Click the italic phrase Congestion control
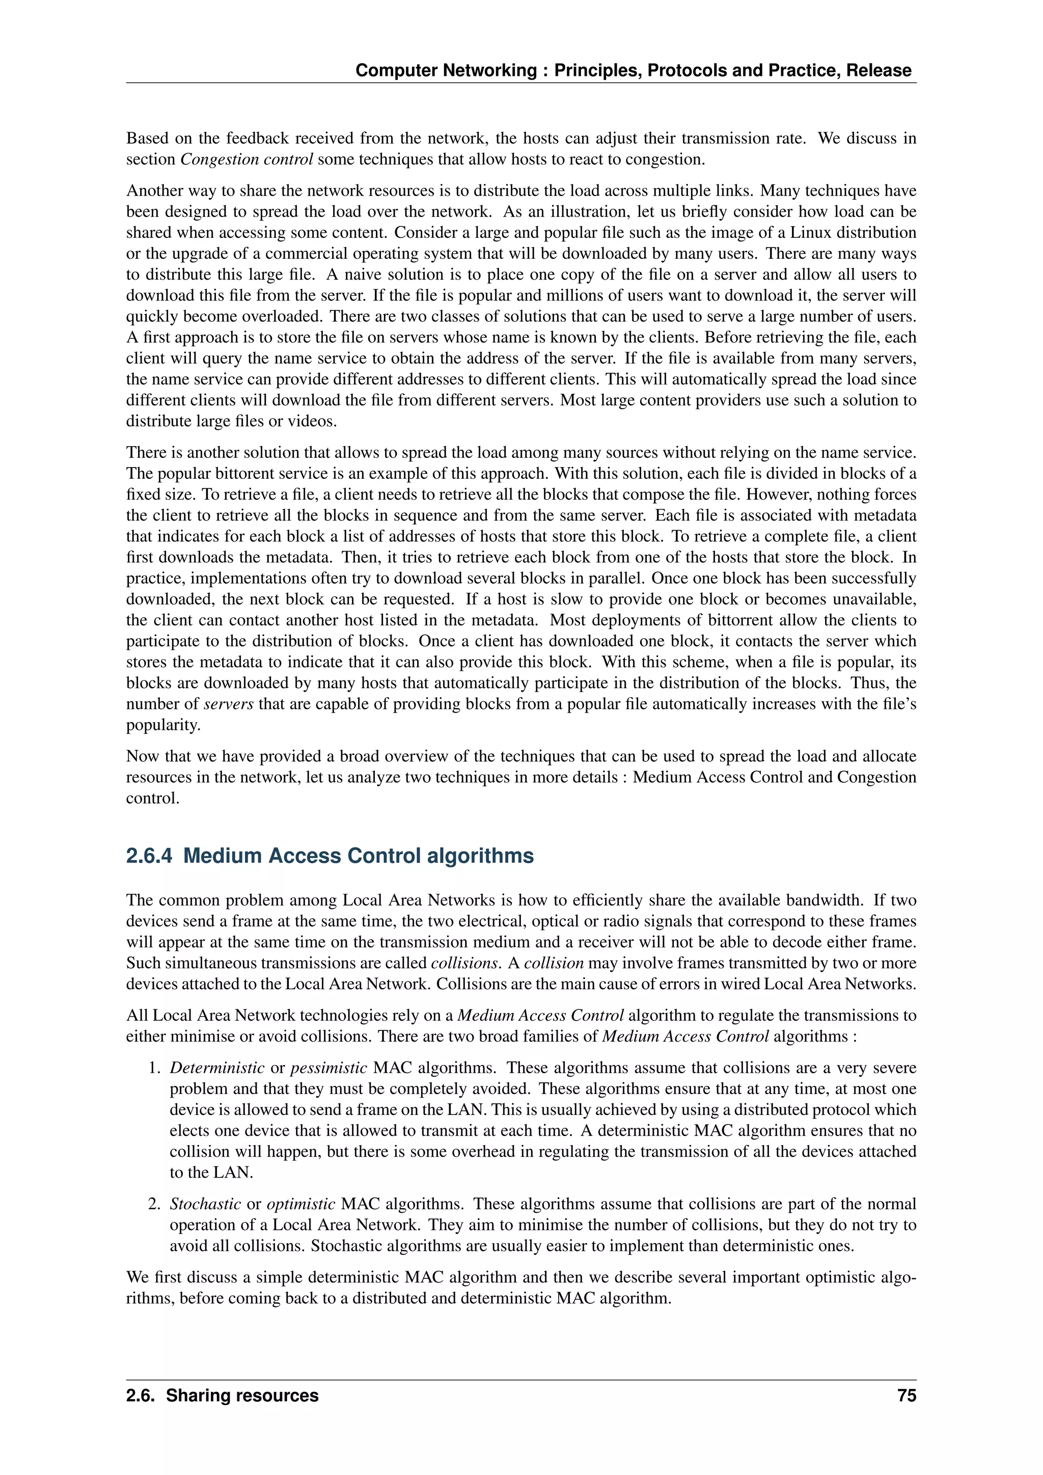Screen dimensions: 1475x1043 tap(246, 159)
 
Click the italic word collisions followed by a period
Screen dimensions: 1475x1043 tap(464, 963)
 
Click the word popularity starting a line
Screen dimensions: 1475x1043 tap(163, 725)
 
